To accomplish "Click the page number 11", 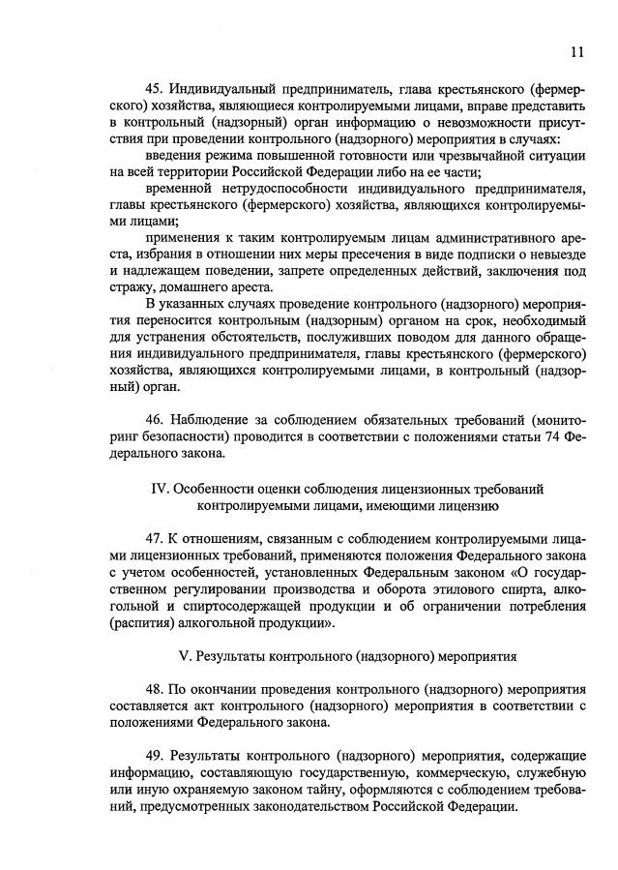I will [x=577, y=51].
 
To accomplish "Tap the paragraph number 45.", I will [x=154, y=90].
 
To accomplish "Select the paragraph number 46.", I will [x=154, y=419].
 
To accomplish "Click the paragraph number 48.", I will [x=154, y=690].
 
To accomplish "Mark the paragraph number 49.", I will [x=154, y=754].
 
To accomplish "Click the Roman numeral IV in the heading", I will [x=161, y=488].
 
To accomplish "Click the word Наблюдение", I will [x=212, y=419].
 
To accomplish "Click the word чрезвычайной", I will [x=459, y=155].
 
